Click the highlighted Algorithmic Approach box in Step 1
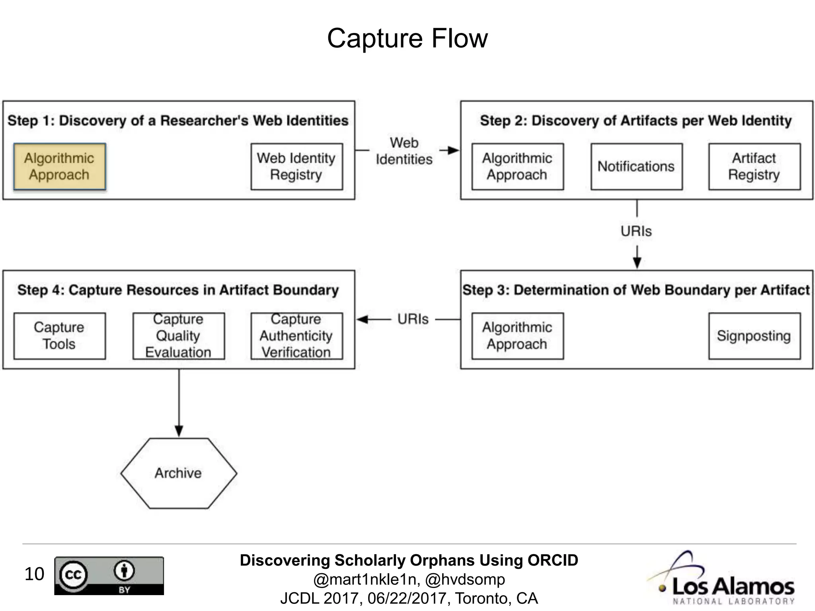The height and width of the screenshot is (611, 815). click(x=60, y=166)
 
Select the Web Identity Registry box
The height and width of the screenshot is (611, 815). click(x=296, y=166)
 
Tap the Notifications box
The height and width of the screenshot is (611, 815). click(x=636, y=166)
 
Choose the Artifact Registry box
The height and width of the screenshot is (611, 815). click(x=754, y=166)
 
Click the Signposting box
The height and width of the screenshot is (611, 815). click(x=754, y=336)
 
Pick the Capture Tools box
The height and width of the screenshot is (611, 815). click(x=60, y=336)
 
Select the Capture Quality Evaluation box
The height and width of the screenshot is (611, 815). click(x=178, y=336)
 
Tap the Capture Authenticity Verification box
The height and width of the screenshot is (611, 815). click(x=296, y=336)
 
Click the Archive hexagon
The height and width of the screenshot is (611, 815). click(x=179, y=473)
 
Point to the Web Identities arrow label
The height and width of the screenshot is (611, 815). click(x=404, y=151)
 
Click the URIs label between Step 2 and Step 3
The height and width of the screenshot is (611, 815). click(x=636, y=231)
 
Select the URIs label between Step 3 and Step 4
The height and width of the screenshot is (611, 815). click(x=413, y=319)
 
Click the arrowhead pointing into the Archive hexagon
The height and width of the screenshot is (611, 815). click(x=179, y=431)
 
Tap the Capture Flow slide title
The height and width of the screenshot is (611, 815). click(x=407, y=39)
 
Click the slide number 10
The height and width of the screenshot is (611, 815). click(x=34, y=574)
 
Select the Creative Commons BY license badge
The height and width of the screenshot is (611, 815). click(x=109, y=576)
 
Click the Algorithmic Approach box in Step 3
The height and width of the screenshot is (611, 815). click(x=517, y=336)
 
